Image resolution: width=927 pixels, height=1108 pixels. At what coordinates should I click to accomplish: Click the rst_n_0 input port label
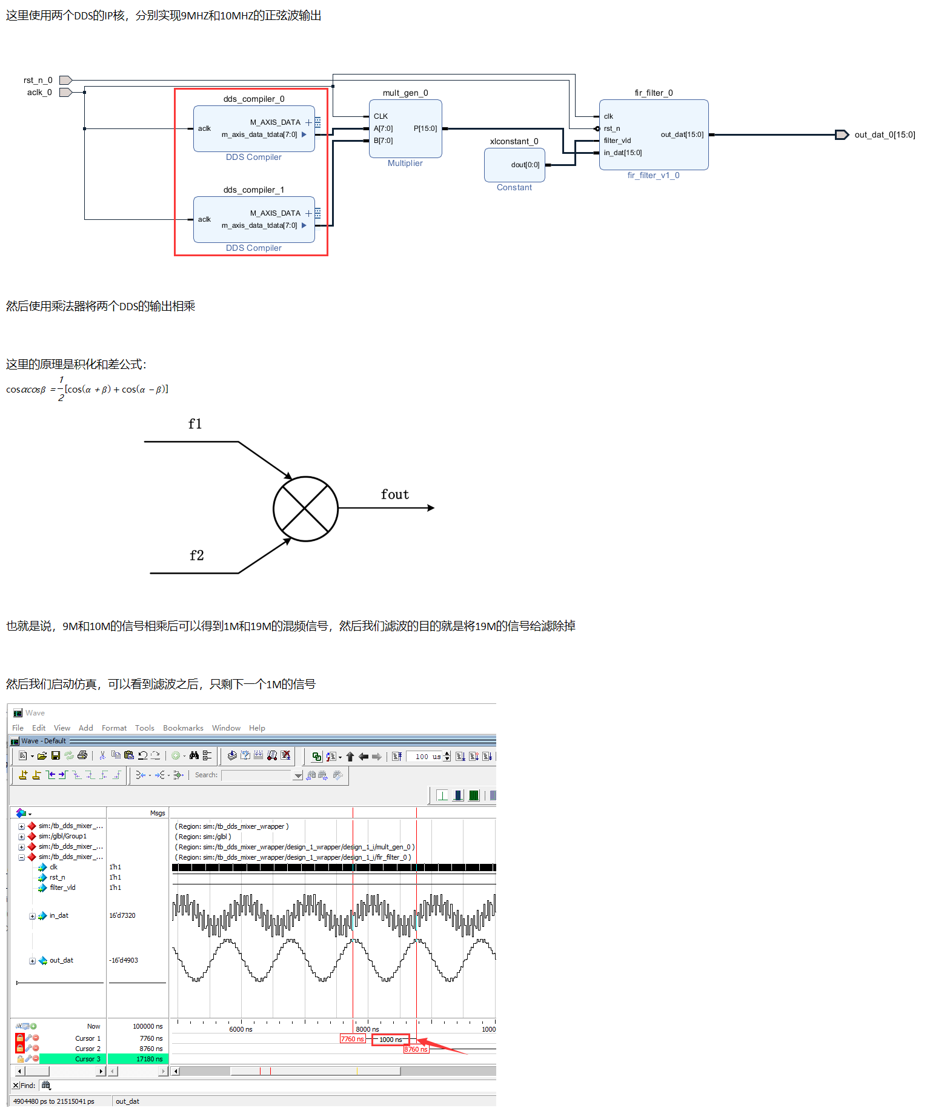(38, 80)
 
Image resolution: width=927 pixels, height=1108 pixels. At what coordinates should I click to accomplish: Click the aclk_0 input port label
(39, 92)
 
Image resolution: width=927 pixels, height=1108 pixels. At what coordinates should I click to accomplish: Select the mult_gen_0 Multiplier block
(405, 128)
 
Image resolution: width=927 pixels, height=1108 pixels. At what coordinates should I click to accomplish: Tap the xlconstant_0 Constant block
(514, 165)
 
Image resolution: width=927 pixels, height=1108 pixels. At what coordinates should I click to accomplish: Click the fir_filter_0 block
(654, 134)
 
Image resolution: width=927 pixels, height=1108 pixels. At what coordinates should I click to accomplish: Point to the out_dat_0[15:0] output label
(885, 134)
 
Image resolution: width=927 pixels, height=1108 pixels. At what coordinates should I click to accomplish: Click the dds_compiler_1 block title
(254, 190)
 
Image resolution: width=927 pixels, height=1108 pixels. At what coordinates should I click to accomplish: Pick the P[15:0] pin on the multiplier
(425, 128)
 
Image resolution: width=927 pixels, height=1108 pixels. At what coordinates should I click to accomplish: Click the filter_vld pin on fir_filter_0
(617, 141)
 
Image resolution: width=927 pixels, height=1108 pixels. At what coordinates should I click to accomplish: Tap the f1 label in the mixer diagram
(195, 424)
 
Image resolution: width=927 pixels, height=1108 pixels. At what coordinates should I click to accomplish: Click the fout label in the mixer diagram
(395, 494)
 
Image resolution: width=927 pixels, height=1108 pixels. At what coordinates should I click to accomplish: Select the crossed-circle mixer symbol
(305, 509)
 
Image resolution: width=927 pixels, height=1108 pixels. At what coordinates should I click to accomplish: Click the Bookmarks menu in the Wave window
(183, 728)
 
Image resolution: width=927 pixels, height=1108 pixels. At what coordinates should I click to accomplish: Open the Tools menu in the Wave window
(145, 728)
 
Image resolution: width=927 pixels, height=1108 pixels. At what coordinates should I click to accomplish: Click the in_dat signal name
(59, 915)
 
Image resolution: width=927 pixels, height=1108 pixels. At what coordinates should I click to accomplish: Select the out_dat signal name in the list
(61, 960)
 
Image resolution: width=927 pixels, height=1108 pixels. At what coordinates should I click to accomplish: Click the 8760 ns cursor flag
(416, 1049)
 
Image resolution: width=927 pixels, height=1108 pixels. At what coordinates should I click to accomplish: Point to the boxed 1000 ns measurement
(391, 1040)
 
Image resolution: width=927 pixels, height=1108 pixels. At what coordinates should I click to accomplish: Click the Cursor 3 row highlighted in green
(103, 1059)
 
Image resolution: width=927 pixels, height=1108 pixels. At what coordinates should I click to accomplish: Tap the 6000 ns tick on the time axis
(241, 1029)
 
